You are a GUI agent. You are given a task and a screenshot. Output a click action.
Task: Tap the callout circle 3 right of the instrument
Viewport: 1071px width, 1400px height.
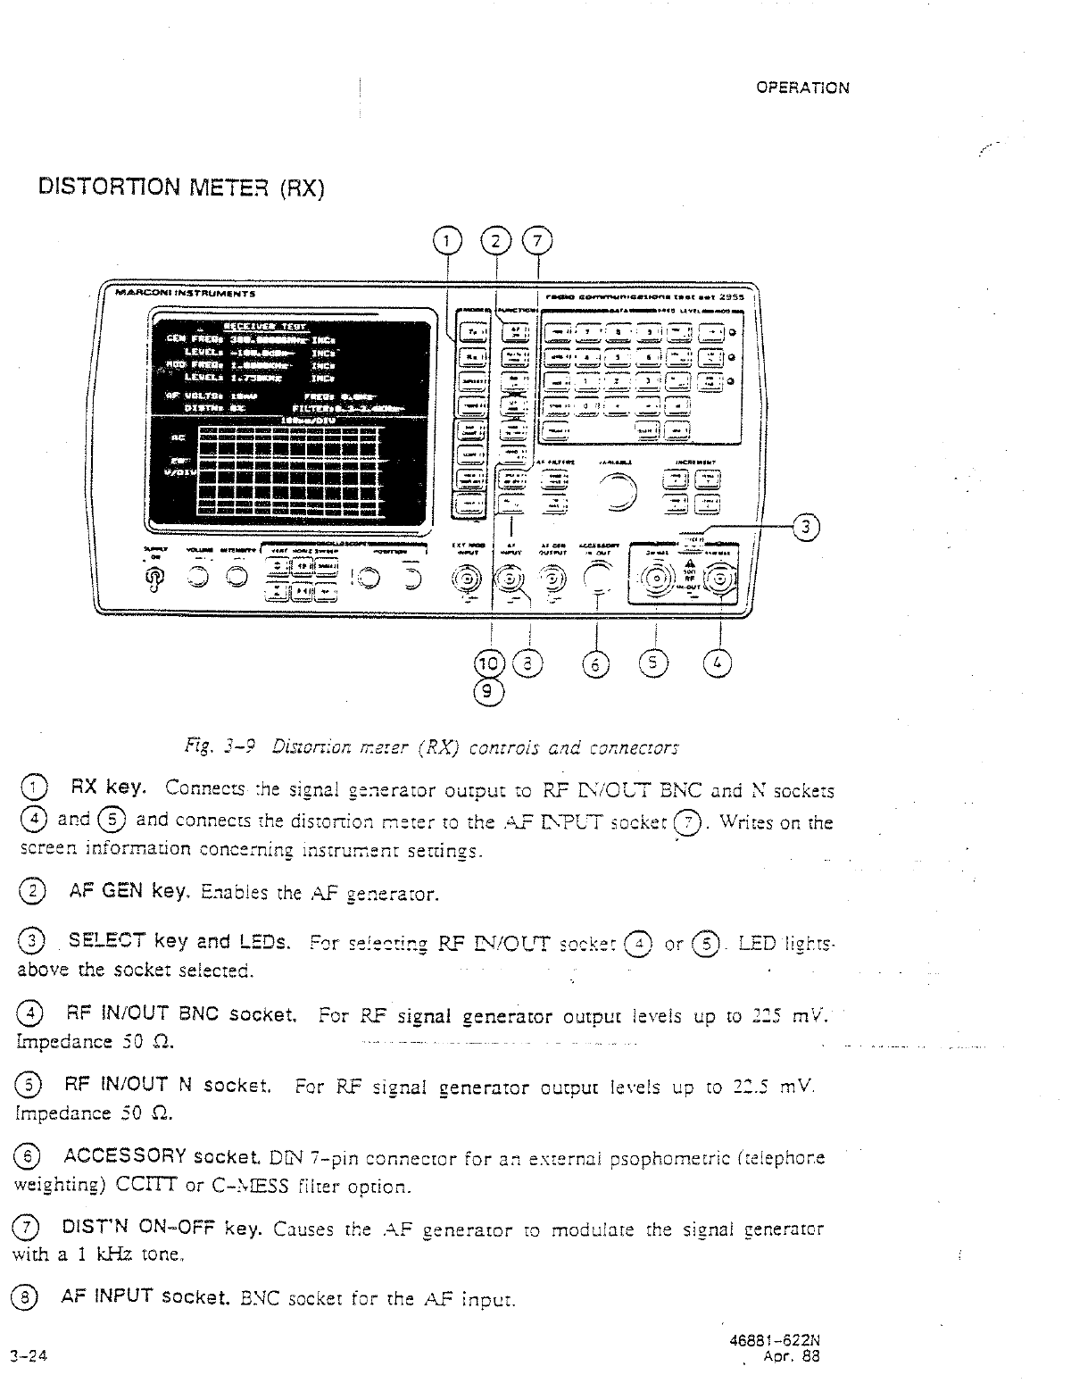point(806,528)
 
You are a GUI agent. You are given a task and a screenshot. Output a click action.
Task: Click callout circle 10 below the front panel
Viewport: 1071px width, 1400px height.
point(489,663)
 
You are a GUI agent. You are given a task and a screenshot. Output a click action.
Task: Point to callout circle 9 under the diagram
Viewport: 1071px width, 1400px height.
point(489,691)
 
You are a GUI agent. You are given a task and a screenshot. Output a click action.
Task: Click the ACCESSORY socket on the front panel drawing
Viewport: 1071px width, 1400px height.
point(599,579)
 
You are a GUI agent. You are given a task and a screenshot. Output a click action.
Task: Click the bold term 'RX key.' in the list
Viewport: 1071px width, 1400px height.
point(115,788)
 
